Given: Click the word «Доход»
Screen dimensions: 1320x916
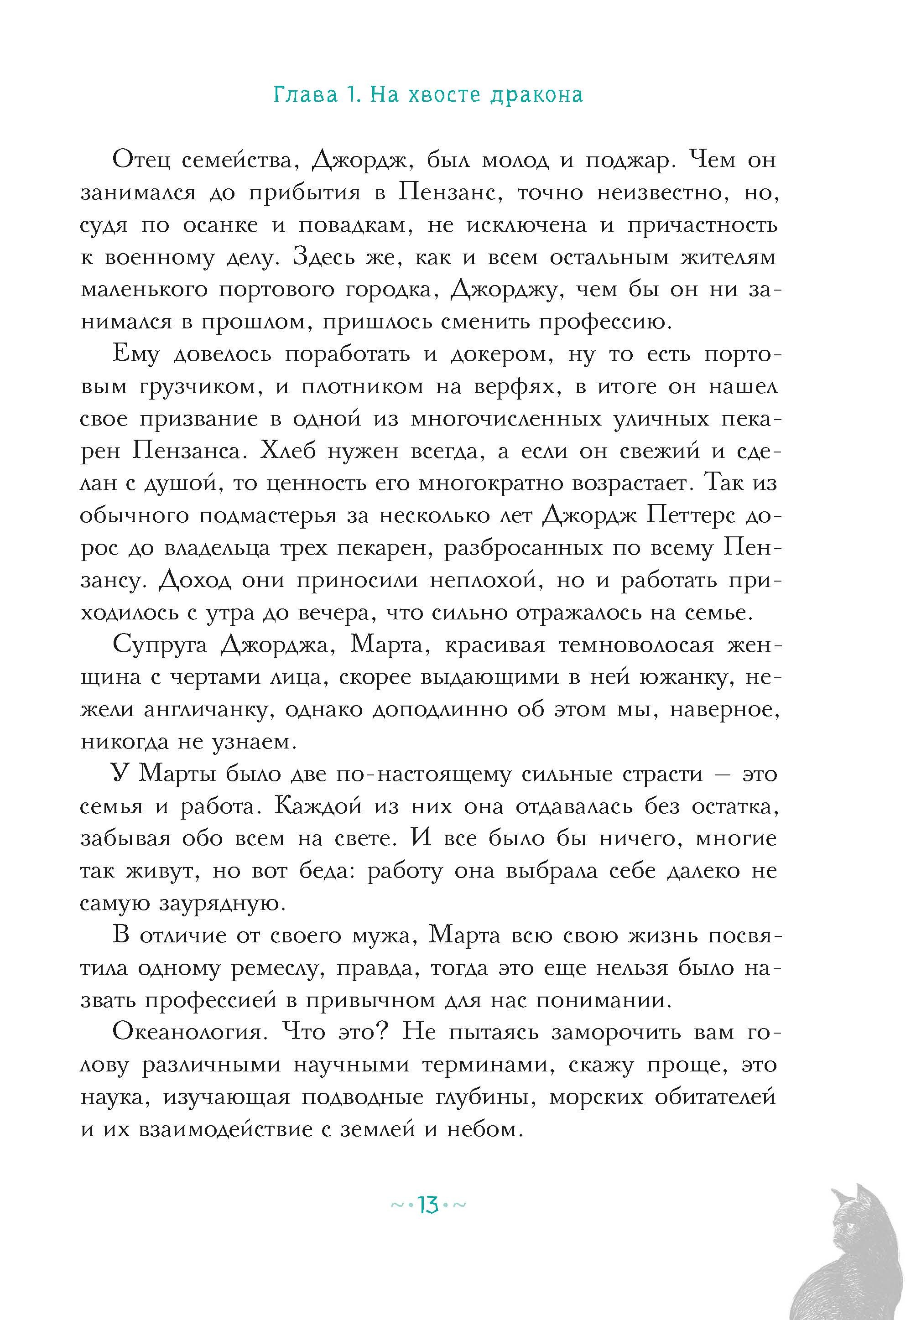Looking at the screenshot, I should click(x=195, y=580).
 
